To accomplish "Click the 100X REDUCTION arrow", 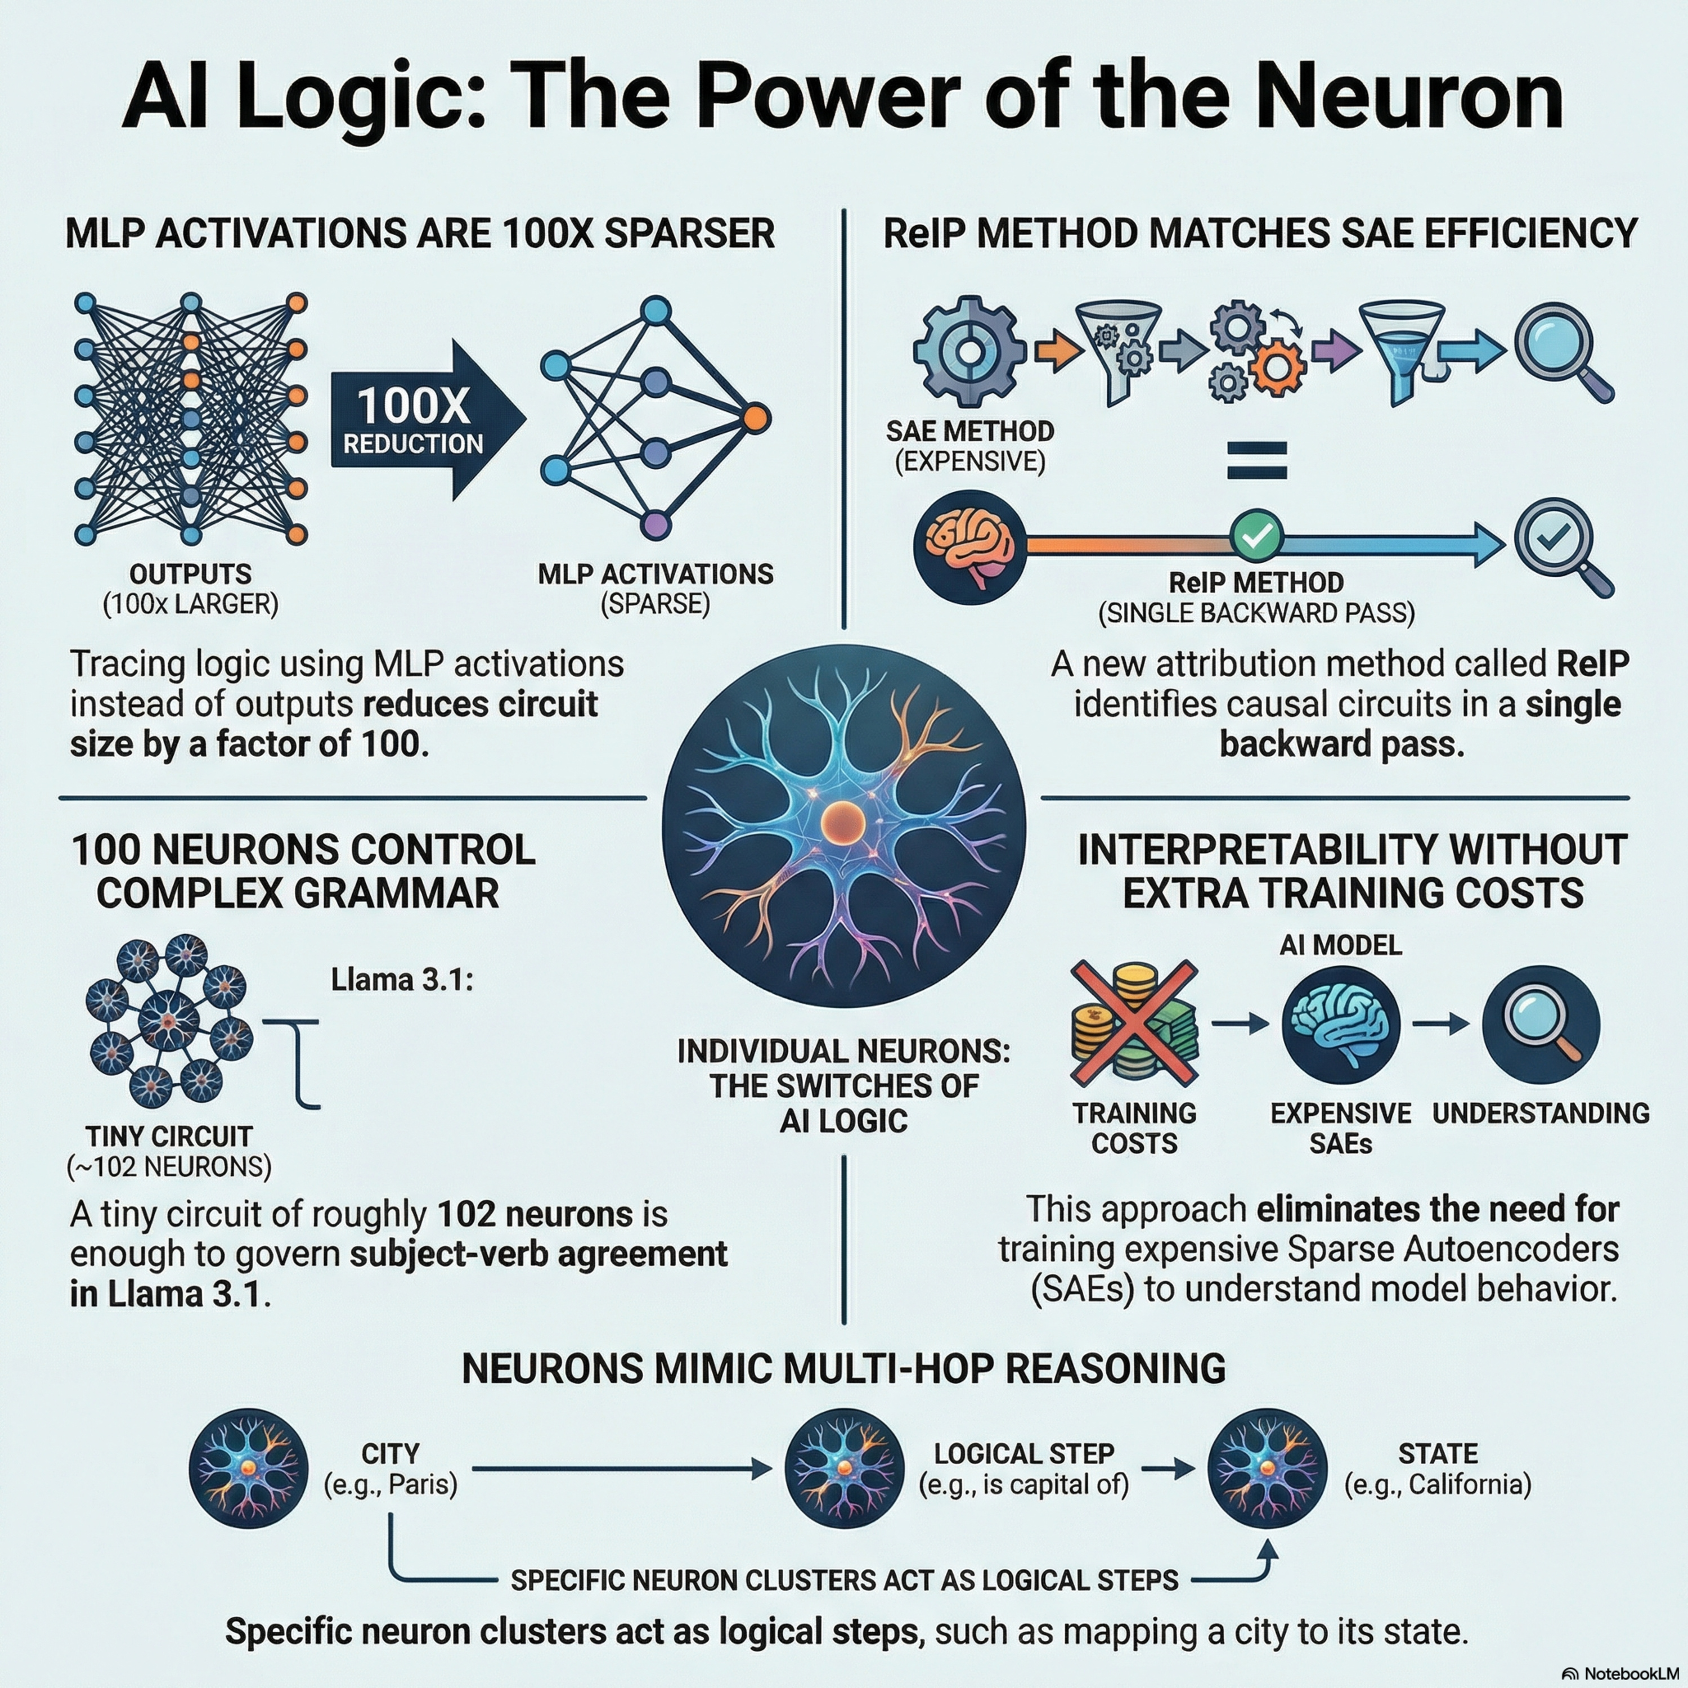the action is [428, 420].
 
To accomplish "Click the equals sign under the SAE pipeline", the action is [1256, 460].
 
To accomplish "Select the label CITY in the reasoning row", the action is [390, 1453].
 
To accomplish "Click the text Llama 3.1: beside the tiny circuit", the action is [402, 980].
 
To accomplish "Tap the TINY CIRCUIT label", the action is [169, 1137].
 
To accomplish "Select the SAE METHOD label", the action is [970, 431].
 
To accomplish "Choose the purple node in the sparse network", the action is [656, 525].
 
